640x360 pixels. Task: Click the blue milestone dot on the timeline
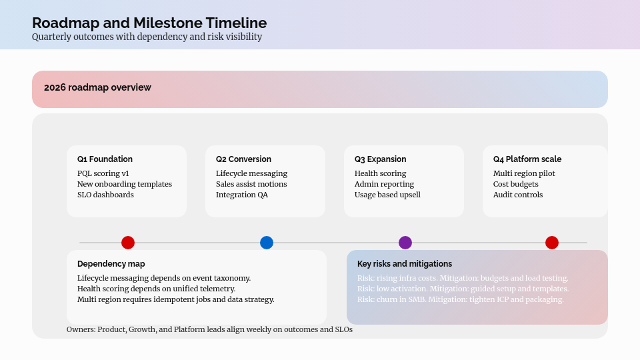click(267, 243)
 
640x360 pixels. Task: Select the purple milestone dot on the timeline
click(405, 243)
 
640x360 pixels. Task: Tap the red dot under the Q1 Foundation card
click(128, 243)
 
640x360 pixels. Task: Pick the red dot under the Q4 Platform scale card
click(552, 243)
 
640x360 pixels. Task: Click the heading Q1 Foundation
click(105, 159)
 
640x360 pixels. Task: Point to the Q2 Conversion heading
click(243, 159)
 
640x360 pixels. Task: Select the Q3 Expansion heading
click(380, 159)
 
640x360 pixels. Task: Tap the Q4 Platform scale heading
click(527, 159)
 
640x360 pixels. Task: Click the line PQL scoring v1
click(103, 173)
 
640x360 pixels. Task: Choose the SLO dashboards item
click(105, 195)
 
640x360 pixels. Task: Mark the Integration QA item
click(242, 195)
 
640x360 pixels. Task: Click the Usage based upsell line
click(387, 195)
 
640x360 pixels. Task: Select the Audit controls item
click(518, 195)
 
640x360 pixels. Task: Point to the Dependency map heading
click(111, 264)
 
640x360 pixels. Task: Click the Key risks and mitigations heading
click(405, 264)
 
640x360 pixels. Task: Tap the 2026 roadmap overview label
click(97, 87)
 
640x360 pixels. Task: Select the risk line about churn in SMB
click(461, 299)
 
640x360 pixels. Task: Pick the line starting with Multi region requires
click(175, 299)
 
